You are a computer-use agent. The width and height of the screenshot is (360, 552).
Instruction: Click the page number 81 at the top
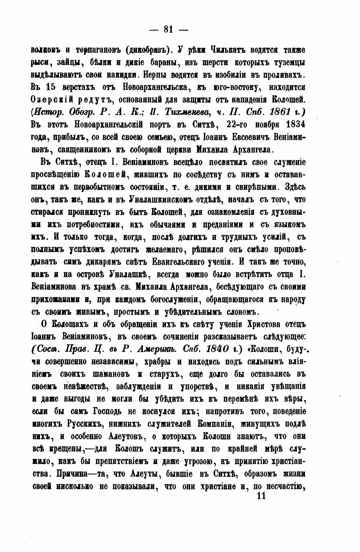point(168,29)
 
